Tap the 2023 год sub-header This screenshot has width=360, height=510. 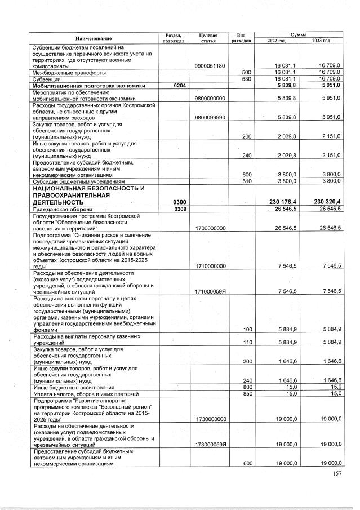(x=321, y=41)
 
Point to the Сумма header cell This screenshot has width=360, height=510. (x=299, y=35)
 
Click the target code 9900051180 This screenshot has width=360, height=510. (x=208, y=66)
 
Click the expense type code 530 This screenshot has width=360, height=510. (x=246, y=79)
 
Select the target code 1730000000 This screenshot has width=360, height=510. (x=208, y=419)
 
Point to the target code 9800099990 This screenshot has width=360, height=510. (x=208, y=117)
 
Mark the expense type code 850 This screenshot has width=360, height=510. (x=246, y=393)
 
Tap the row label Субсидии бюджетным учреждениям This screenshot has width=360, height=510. (x=79, y=181)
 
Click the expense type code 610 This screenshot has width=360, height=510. (x=246, y=181)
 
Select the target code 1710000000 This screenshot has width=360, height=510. (x=208, y=266)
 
